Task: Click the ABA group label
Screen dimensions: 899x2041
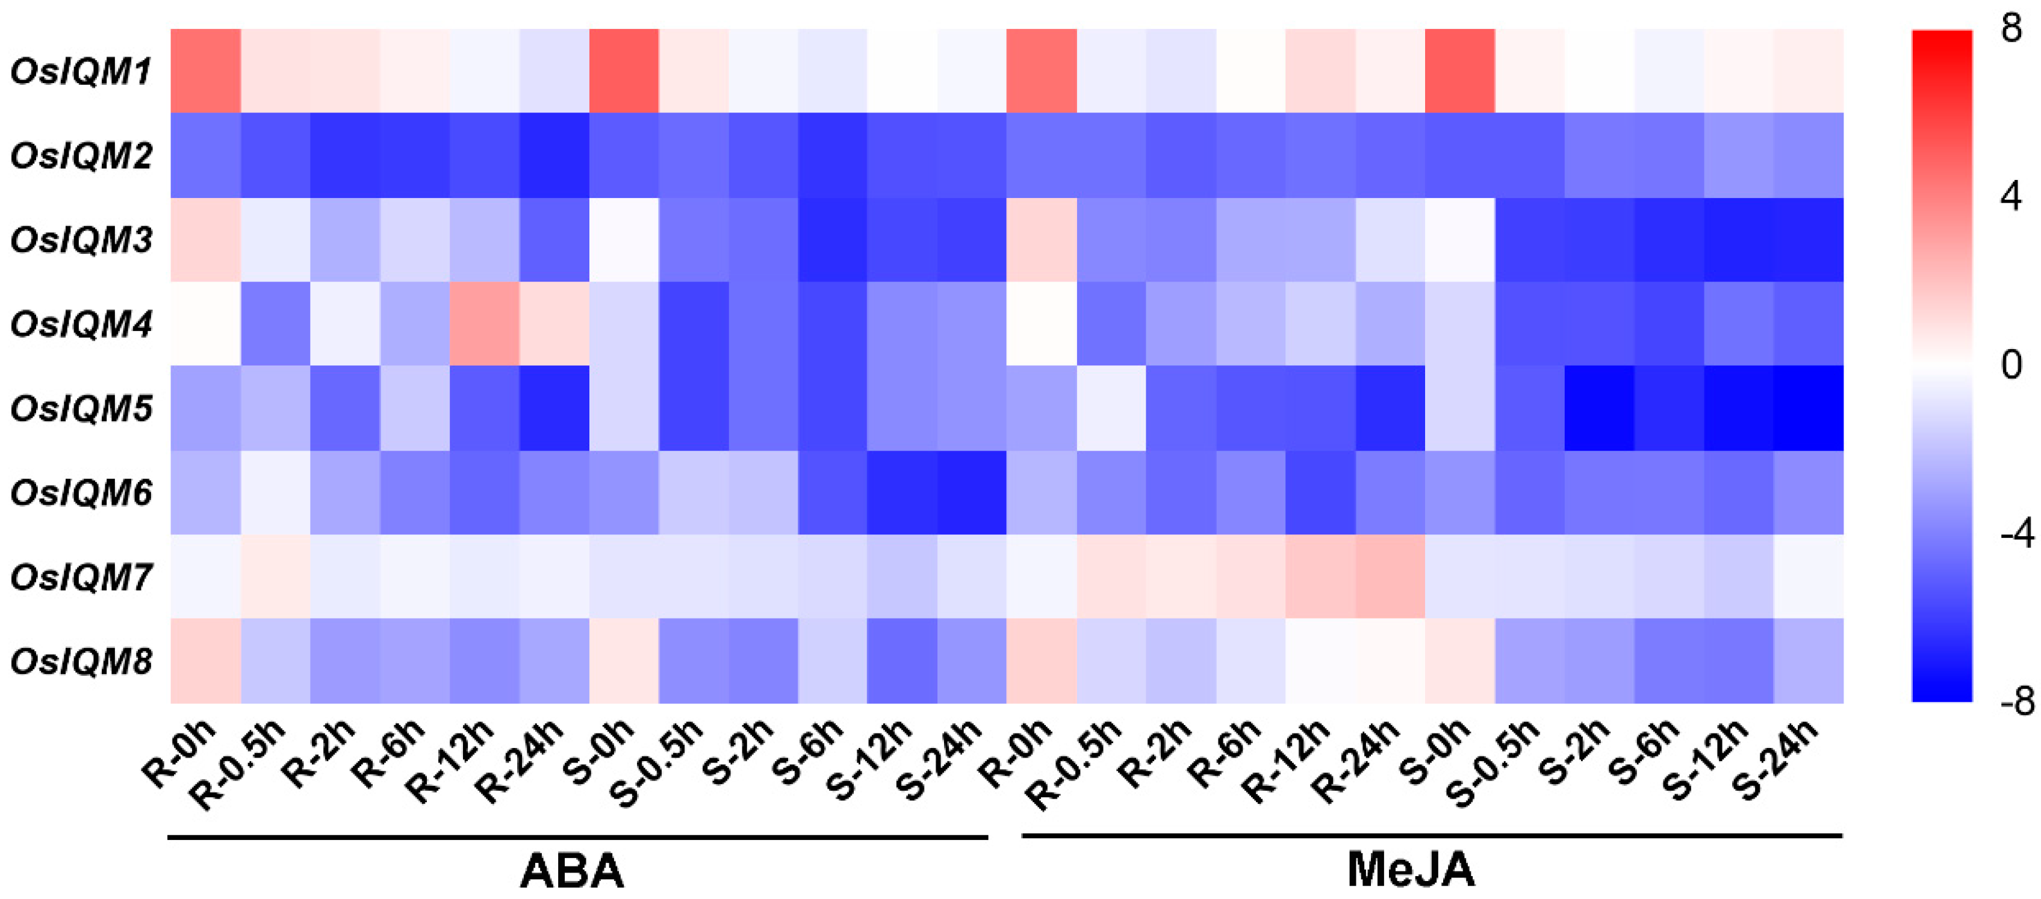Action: coord(572,871)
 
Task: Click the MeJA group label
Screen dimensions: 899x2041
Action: coord(1410,870)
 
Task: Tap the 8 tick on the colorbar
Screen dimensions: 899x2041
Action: coord(2011,29)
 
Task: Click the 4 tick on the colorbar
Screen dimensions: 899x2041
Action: coord(2011,196)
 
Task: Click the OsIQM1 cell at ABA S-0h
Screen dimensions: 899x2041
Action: coord(624,71)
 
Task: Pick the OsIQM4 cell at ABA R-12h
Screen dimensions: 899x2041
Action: coord(484,324)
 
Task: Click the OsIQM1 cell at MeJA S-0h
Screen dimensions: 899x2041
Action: coord(1459,71)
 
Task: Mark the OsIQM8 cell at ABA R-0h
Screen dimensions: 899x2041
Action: coord(206,661)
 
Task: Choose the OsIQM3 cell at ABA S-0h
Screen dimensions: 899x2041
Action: coord(624,239)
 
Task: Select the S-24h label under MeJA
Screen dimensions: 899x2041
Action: coord(1775,757)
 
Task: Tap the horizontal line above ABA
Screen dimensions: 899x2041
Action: coord(579,836)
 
